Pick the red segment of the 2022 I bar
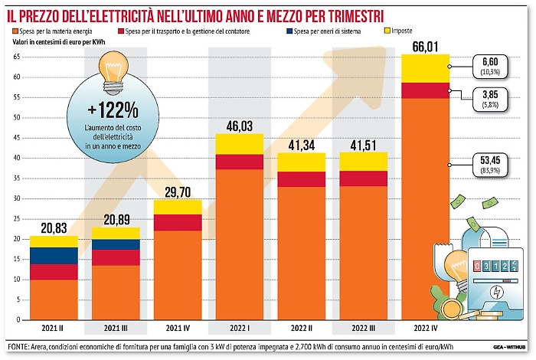pyautogui.click(x=240, y=161)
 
